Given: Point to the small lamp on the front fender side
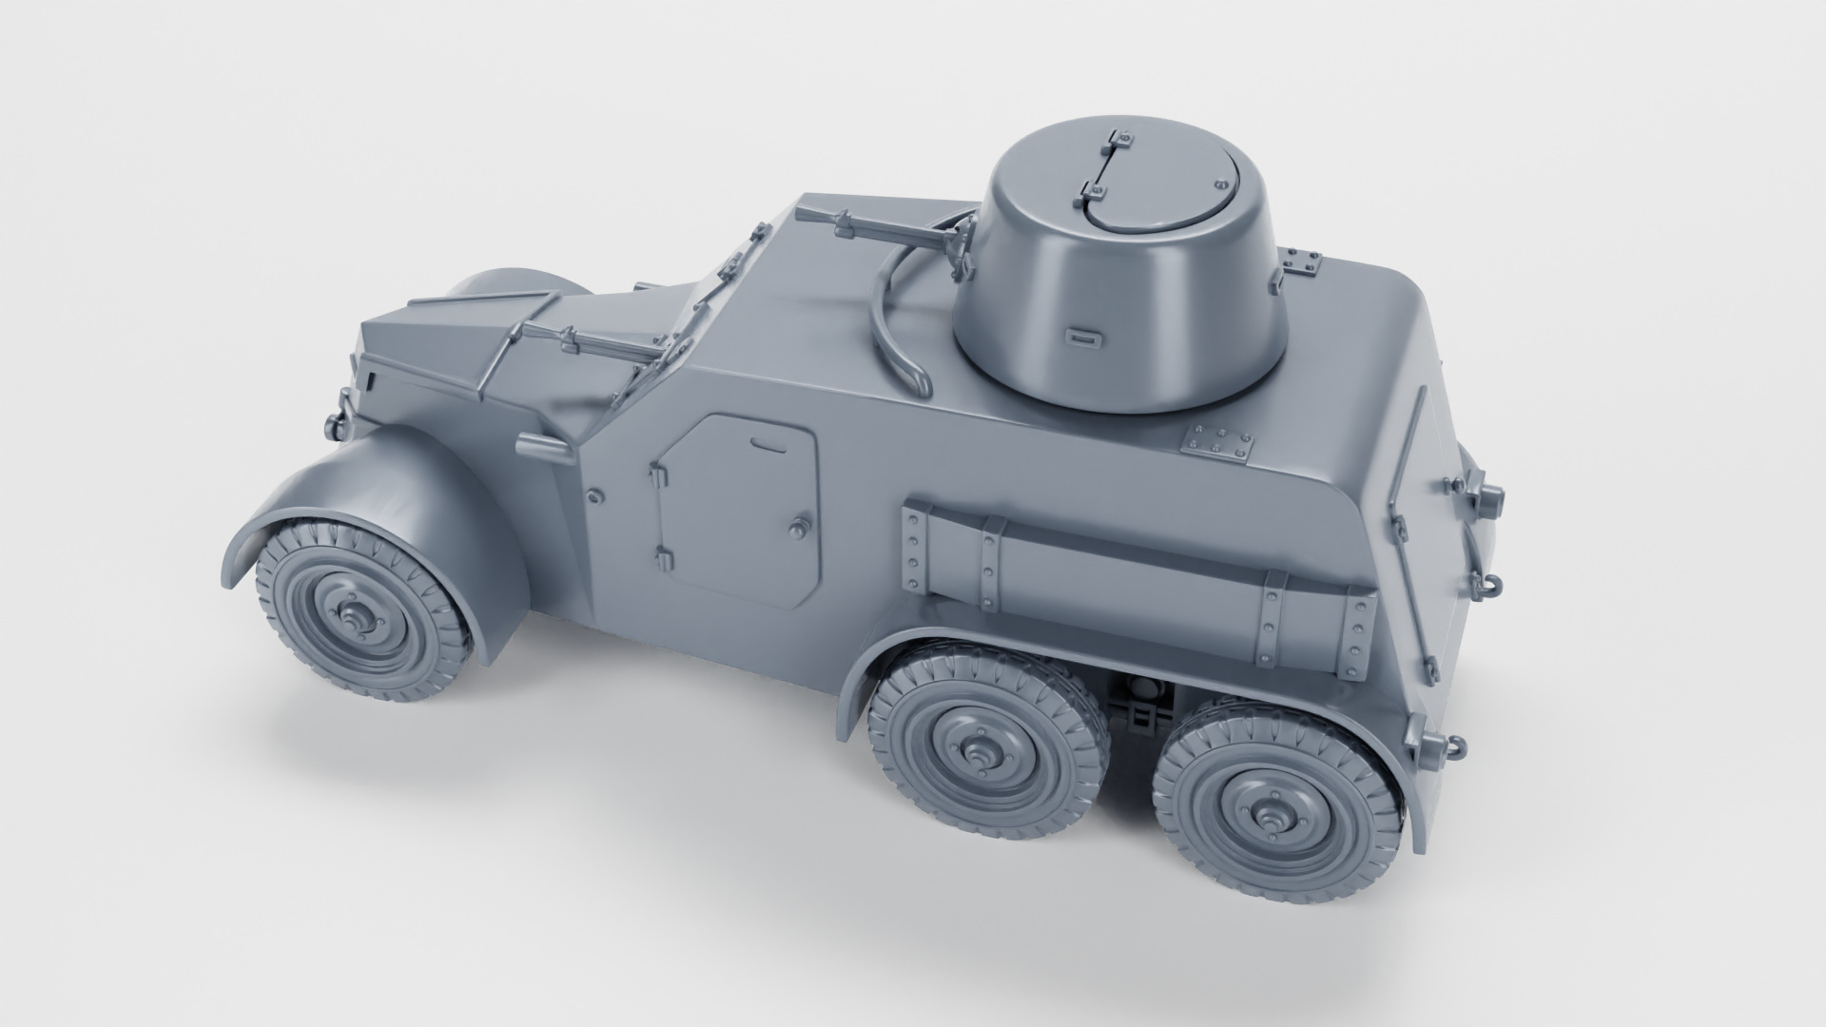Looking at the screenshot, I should coord(537,447).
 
